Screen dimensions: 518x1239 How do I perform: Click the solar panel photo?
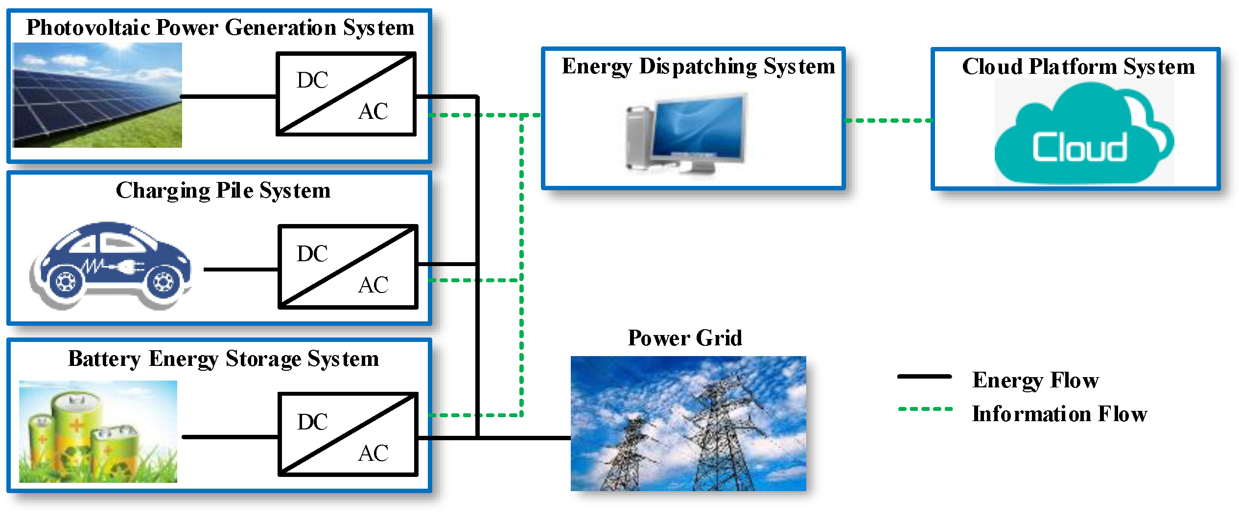pyautogui.click(x=97, y=95)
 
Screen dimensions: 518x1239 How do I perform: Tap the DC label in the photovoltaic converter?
pyautogui.click(x=312, y=80)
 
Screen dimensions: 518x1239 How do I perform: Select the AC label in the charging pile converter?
pyautogui.click(x=373, y=285)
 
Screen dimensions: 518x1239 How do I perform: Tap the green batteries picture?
pyautogui.click(x=98, y=431)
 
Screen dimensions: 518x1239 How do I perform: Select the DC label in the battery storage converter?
pyautogui.click(x=312, y=422)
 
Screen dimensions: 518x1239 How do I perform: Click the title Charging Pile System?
pyautogui.click(x=223, y=191)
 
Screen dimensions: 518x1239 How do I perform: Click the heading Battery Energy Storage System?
pyautogui.click(x=223, y=359)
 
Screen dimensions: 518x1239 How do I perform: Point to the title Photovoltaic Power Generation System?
pyautogui.click(x=220, y=28)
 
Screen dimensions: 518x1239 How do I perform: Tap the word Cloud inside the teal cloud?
pyautogui.click(x=1079, y=147)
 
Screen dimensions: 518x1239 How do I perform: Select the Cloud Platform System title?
pyautogui.click(x=1078, y=67)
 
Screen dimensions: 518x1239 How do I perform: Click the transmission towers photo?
pyautogui.click(x=688, y=424)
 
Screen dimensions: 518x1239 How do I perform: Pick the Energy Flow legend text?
pyautogui.click(x=1035, y=381)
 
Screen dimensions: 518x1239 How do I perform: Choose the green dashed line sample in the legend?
pyautogui.click(x=925, y=409)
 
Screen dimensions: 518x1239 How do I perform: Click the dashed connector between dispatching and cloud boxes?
pyautogui.click(x=888, y=120)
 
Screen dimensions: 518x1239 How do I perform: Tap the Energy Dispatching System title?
pyautogui.click(x=698, y=67)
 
